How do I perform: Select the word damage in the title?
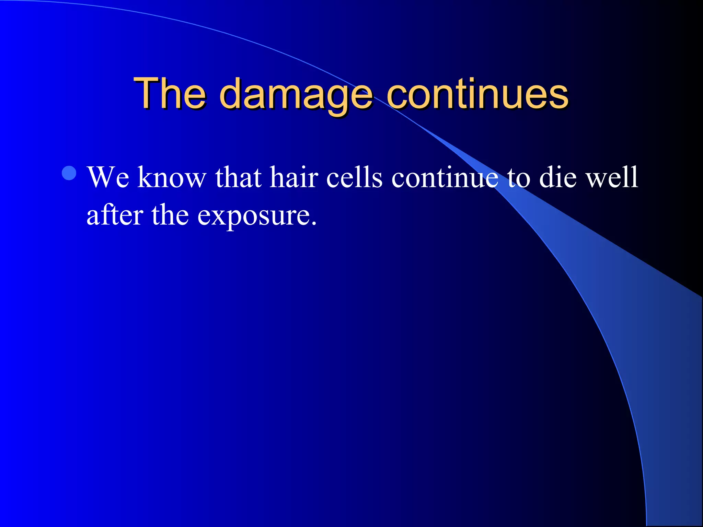(x=296, y=94)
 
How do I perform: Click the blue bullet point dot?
(x=69, y=173)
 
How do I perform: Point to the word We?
(x=108, y=178)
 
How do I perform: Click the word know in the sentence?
(x=172, y=178)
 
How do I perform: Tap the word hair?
(x=294, y=178)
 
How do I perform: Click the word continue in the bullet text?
(x=445, y=178)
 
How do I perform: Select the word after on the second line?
(x=115, y=215)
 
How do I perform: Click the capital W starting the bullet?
(x=103, y=178)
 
